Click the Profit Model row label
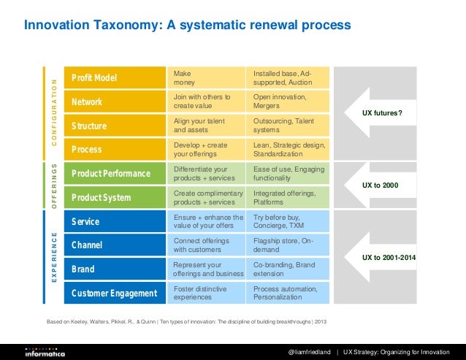click(94, 78)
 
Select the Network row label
click(87, 102)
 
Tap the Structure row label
click(89, 126)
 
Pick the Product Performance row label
click(110, 174)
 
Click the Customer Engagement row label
click(114, 294)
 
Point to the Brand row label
click(83, 269)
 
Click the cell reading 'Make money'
click(209, 78)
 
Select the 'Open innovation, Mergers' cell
click(290, 102)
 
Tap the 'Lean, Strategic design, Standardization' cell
click(290, 150)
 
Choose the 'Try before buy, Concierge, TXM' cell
click(290, 222)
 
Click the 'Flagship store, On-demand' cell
click(290, 245)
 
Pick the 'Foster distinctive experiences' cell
click(209, 294)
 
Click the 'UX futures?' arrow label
click(383, 113)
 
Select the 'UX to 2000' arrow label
click(381, 185)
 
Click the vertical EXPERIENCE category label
click(53, 258)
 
